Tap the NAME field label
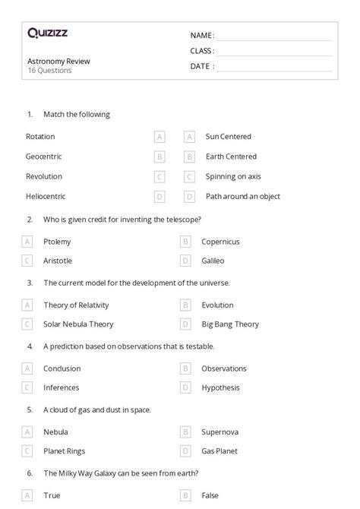(x=201, y=36)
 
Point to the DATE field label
(x=201, y=66)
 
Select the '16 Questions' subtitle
(x=49, y=71)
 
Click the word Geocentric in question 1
(x=43, y=156)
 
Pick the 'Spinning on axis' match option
(x=233, y=176)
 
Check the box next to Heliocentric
(x=159, y=196)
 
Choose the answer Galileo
(x=213, y=261)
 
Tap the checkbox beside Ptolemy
(x=27, y=242)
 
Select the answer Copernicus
(x=220, y=242)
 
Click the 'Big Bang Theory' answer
(x=230, y=324)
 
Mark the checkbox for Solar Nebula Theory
(x=27, y=324)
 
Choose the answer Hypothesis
(x=220, y=387)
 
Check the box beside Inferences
(x=27, y=387)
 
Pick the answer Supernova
(x=220, y=432)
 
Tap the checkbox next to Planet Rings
(x=27, y=451)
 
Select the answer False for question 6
(x=210, y=495)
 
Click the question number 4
(x=30, y=346)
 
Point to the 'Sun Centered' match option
(x=228, y=137)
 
